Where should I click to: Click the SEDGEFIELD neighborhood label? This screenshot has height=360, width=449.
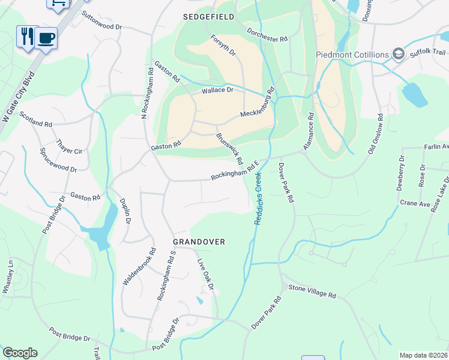tap(208, 17)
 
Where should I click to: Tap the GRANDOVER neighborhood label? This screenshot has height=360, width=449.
tap(199, 242)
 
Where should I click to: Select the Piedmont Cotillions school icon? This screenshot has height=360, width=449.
tap(397, 55)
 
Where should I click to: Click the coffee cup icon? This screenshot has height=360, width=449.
tap(46, 38)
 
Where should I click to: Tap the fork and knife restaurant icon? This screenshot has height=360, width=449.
tap(27, 36)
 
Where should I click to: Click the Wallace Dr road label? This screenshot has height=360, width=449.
tap(217, 90)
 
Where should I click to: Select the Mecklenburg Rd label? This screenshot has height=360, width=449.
tap(257, 103)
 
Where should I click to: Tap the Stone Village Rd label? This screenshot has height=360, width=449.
tap(312, 292)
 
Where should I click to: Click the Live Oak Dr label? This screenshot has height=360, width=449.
tap(206, 274)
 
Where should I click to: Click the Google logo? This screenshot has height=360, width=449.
tap(20, 353)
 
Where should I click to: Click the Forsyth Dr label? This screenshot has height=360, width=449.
tap(223, 46)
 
